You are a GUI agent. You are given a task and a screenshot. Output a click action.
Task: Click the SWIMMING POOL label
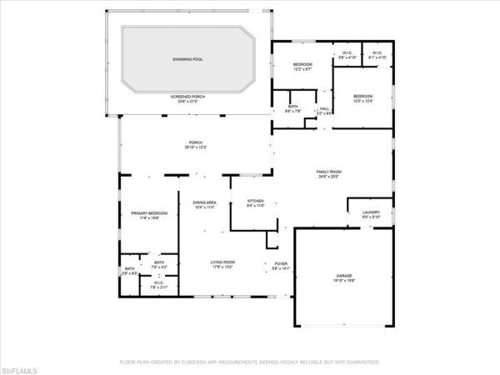click(187, 59)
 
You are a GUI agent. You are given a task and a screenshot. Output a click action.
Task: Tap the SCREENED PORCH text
click(188, 97)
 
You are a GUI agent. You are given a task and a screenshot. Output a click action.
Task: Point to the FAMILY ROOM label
click(329, 172)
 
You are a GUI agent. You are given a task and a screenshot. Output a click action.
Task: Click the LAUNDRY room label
click(371, 212)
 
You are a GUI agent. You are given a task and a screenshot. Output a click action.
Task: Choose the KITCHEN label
click(255, 202)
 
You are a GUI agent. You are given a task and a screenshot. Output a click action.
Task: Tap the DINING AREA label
click(205, 202)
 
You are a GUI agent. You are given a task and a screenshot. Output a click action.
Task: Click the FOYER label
click(281, 262)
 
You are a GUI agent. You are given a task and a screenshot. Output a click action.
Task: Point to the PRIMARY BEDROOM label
click(149, 213)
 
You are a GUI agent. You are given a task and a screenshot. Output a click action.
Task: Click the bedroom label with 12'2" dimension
click(302, 65)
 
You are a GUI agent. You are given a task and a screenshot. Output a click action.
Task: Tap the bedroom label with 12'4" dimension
click(362, 97)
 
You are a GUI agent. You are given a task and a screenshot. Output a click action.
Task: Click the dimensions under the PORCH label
click(196, 147)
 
